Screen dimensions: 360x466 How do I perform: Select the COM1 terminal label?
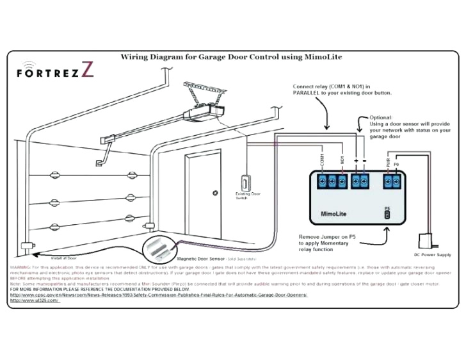click(x=321, y=159)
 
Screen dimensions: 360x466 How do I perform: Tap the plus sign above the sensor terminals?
click(x=355, y=160)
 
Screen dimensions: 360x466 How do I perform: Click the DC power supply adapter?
click(x=425, y=241)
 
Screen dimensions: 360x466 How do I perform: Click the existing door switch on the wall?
click(x=245, y=182)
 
